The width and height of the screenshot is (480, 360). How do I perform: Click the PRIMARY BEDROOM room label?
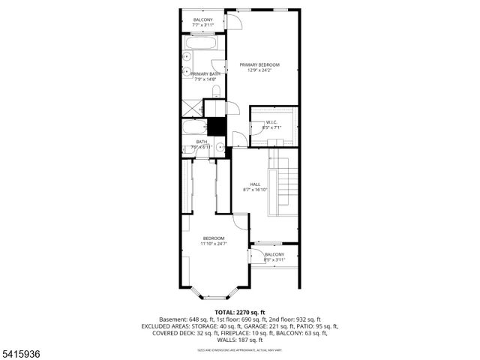coord(259,65)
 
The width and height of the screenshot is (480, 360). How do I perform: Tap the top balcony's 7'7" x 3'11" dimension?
coord(202,25)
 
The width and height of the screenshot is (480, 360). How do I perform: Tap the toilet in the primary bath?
coord(216,91)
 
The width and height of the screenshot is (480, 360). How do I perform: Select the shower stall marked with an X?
coord(191,109)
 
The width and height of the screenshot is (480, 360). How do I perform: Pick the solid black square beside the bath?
coord(216,127)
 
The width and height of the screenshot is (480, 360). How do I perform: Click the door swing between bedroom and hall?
coord(241,221)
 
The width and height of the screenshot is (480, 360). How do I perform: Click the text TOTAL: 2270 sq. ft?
coord(239,311)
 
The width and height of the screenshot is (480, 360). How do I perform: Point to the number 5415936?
coord(22,352)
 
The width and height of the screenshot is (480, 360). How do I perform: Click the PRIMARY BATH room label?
coord(205,73)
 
